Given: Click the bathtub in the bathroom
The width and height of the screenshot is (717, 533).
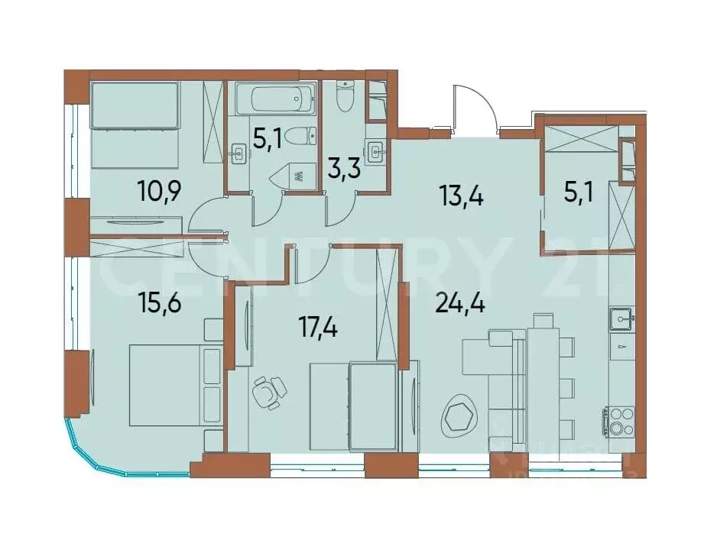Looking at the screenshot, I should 274,99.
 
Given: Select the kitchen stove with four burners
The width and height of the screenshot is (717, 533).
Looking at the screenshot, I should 619,420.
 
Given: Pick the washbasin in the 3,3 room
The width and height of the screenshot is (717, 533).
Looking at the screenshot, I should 375,150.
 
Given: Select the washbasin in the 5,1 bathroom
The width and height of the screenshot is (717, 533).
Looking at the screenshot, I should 238,154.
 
